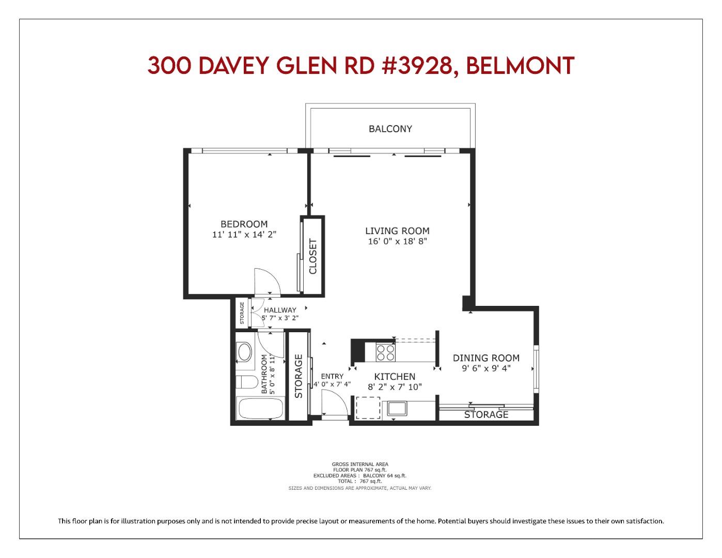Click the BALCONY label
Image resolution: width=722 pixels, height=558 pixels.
pyautogui.click(x=390, y=129)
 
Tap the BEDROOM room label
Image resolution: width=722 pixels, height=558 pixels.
pyautogui.click(x=244, y=224)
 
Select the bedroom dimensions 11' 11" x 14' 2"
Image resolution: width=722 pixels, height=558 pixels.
pyautogui.click(x=244, y=235)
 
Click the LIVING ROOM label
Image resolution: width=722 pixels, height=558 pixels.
pyautogui.click(x=397, y=231)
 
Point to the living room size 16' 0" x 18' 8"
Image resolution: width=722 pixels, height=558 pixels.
pyautogui.click(x=397, y=241)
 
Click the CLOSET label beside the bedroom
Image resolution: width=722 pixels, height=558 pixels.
pyautogui.click(x=313, y=256)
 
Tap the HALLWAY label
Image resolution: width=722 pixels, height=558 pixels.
pyautogui.click(x=280, y=310)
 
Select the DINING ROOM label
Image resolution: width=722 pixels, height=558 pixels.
pyautogui.click(x=486, y=358)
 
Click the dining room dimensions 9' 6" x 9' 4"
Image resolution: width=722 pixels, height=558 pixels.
pyautogui.click(x=486, y=368)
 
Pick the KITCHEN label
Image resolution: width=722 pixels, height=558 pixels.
pyautogui.click(x=395, y=377)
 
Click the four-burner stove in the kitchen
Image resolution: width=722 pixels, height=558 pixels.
pyautogui.click(x=385, y=352)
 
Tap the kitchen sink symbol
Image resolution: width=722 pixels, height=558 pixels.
pyautogui.click(x=397, y=409)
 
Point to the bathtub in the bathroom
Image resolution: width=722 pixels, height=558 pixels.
pyautogui.click(x=260, y=409)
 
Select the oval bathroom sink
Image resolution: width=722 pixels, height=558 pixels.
pyautogui.click(x=244, y=352)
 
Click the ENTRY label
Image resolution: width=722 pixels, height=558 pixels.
pyautogui.click(x=332, y=376)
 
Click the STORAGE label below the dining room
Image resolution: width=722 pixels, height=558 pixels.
pyautogui.click(x=486, y=414)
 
